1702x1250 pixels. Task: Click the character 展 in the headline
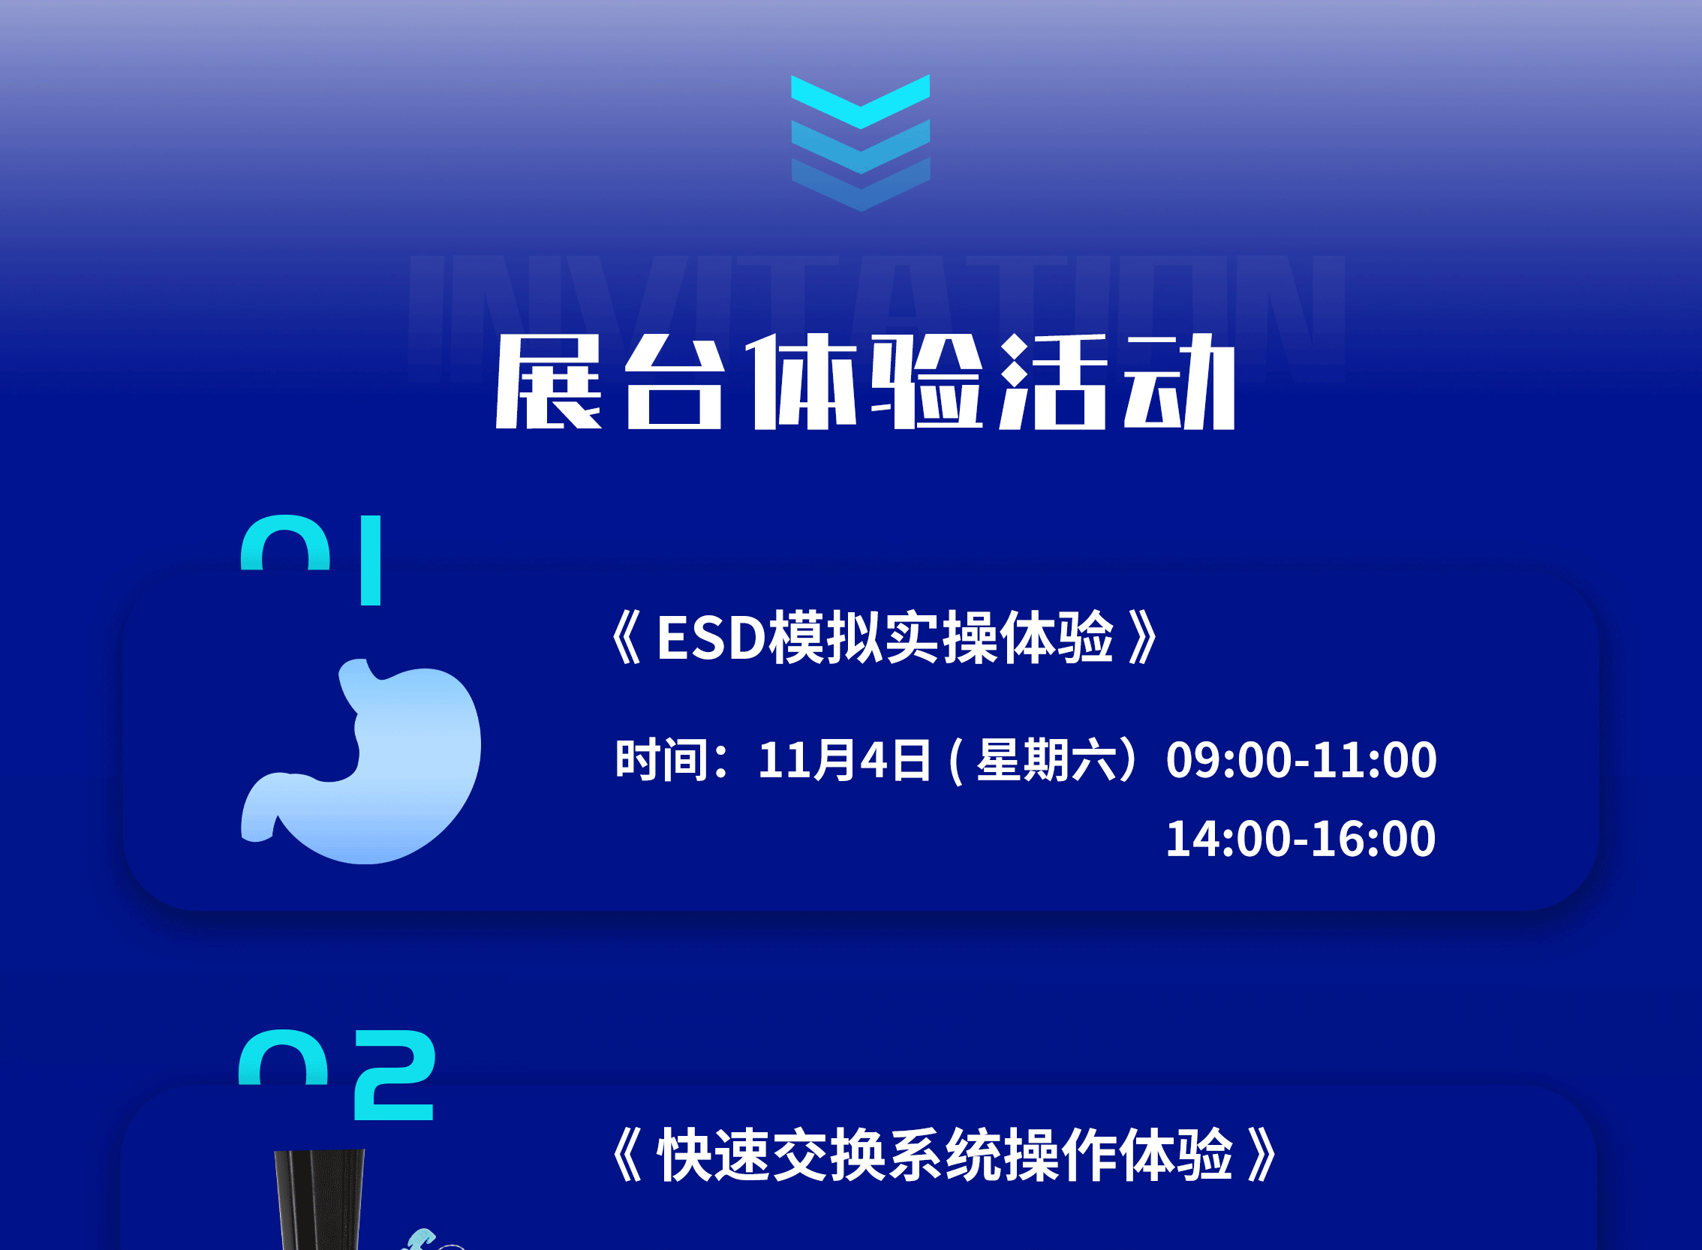[x=549, y=382]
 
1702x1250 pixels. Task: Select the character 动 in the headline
[x=1180, y=382]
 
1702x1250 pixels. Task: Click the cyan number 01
[x=311, y=560]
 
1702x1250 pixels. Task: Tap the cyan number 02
[x=337, y=1074]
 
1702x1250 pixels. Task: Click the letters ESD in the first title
[x=711, y=638]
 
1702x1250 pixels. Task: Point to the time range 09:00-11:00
[x=1301, y=760]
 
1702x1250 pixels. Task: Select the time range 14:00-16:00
[x=1301, y=838]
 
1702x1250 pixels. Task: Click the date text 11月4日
[x=844, y=760]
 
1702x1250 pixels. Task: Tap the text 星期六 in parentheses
[x=1047, y=760]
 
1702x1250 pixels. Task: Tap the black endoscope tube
[x=319, y=1200]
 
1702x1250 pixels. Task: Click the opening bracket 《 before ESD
[x=627, y=638]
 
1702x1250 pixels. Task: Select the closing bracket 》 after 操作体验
[x=1261, y=1155]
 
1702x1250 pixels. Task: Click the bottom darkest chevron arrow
[x=861, y=185]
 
